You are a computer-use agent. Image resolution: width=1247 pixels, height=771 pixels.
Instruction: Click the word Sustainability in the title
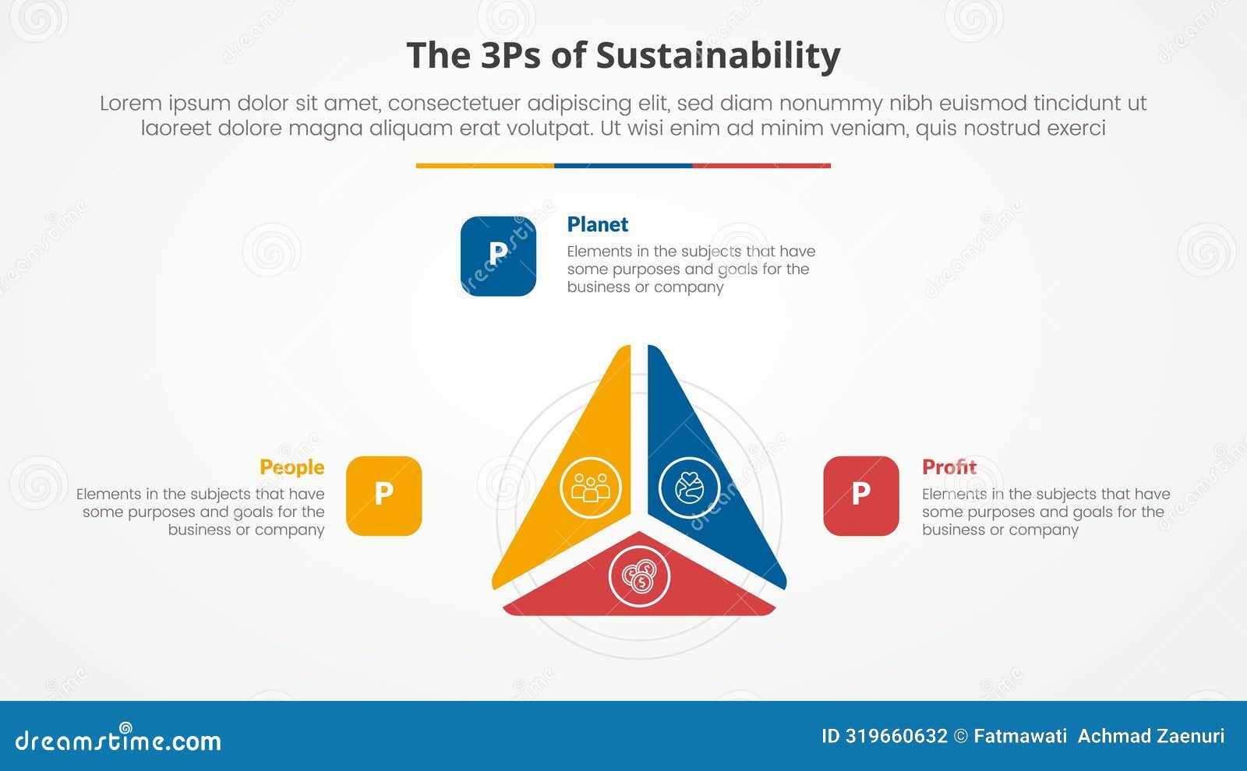[x=718, y=56]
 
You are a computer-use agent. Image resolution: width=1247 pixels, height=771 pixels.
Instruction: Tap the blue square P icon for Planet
[x=498, y=256]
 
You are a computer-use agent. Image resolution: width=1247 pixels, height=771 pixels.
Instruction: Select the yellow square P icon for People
[x=383, y=495]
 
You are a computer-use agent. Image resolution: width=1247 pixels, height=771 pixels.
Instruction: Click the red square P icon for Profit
[x=860, y=495]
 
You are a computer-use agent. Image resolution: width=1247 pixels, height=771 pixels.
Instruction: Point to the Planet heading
[x=597, y=224]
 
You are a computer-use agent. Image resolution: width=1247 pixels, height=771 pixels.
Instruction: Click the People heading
[x=291, y=467]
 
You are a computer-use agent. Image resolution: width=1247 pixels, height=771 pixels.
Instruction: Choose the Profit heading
[x=948, y=467]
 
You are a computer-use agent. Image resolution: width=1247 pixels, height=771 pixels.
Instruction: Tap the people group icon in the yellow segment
[x=591, y=488]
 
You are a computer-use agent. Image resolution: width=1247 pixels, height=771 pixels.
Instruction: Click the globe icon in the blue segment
[x=689, y=488]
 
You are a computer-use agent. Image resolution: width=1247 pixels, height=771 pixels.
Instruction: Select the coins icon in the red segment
[x=639, y=576]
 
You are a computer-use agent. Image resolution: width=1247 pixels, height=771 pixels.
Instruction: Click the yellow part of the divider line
[x=485, y=166]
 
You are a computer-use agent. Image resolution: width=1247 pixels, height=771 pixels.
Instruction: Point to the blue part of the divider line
[x=623, y=166]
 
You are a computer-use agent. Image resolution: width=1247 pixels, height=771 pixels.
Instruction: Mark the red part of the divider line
[x=761, y=166]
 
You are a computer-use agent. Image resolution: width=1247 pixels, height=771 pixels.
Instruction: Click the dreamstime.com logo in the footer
[x=118, y=739]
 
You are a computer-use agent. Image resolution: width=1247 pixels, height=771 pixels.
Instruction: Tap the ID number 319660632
[x=896, y=736]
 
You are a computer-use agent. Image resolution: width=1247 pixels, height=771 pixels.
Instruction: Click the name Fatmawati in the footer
[x=1020, y=736]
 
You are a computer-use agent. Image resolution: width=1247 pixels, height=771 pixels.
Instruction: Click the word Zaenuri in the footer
[x=1189, y=736]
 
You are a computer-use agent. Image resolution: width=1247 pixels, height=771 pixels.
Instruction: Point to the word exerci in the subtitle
[x=1076, y=128]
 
